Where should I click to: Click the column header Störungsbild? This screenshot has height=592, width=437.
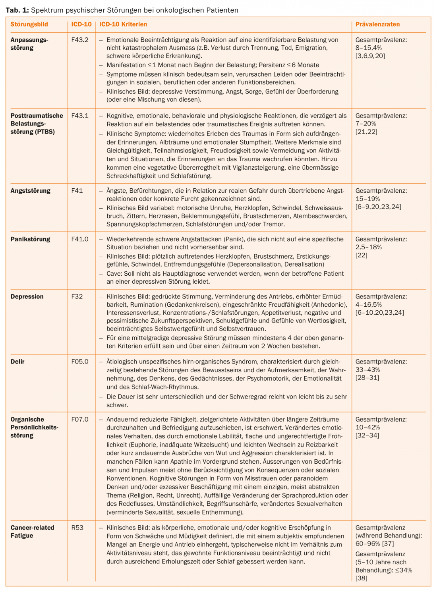tap(29, 24)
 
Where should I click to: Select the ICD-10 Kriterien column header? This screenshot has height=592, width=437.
tap(123, 24)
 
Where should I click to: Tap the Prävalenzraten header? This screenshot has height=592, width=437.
tap(377, 24)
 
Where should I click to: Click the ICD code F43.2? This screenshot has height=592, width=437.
tap(80, 40)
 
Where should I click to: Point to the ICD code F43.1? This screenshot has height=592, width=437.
tap(80, 116)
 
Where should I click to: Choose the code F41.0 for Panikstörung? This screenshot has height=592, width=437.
tap(80, 239)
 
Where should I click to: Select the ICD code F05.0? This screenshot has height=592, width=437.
tap(80, 362)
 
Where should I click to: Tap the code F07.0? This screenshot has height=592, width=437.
tap(80, 419)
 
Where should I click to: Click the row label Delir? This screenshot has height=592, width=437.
tap(17, 362)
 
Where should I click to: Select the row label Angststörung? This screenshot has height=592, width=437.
tap(30, 191)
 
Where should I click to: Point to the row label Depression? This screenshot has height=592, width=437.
tap(27, 296)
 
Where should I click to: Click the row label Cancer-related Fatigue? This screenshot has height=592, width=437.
tap(32, 532)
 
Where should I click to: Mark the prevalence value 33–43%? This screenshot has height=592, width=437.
tap(367, 370)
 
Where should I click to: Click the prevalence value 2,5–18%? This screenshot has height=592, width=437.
tap(368, 247)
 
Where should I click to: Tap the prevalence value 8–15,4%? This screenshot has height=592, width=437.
tap(368, 48)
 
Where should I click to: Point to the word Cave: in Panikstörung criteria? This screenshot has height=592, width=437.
tap(114, 273)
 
